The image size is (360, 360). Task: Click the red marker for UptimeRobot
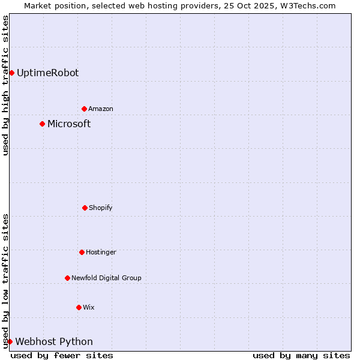[x=11, y=73]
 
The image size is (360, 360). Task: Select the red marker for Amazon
[x=84, y=109]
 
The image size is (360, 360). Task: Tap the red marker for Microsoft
[x=42, y=124]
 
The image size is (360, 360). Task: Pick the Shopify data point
[x=85, y=208]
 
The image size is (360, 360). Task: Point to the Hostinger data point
[x=82, y=252]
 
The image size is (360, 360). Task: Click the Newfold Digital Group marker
[x=67, y=278]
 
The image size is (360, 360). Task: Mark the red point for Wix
[x=79, y=307]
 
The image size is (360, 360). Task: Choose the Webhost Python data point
[x=10, y=341]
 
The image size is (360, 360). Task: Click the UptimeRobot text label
[x=47, y=73]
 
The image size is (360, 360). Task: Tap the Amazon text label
[x=101, y=109]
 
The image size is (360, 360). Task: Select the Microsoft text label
[x=69, y=124]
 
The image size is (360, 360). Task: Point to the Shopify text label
[x=101, y=208]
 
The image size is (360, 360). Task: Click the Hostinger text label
[x=101, y=252]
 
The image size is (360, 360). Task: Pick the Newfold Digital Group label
[x=106, y=278]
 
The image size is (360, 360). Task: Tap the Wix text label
[x=89, y=307]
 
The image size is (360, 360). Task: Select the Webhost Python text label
[x=54, y=341]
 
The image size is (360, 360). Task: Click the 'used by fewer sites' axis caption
[x=62, y=355]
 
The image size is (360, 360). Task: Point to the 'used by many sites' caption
[x=301, y=355]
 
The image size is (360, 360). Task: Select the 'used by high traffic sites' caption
[x=5, y=85]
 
